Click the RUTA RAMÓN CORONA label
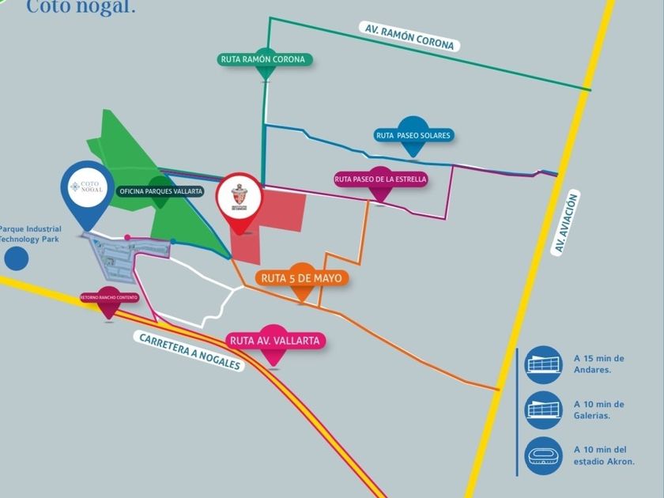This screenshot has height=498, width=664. coord(264,59)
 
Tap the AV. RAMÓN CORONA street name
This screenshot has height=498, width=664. coord(409,36)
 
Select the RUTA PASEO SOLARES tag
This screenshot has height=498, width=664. coord(413,135)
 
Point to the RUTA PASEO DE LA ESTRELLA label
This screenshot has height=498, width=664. coord(380,179)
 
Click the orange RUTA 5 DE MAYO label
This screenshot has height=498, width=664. coord(303,278)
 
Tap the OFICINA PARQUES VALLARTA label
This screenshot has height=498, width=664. coord(160,191)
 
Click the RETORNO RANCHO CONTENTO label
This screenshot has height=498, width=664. coord(108,297)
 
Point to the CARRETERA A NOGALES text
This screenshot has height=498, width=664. coord(190,352)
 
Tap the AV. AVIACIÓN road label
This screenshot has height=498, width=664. coord(561,222)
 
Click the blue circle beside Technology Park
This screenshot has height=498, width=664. coord(15,258)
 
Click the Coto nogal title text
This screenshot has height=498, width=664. coord(81,7)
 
